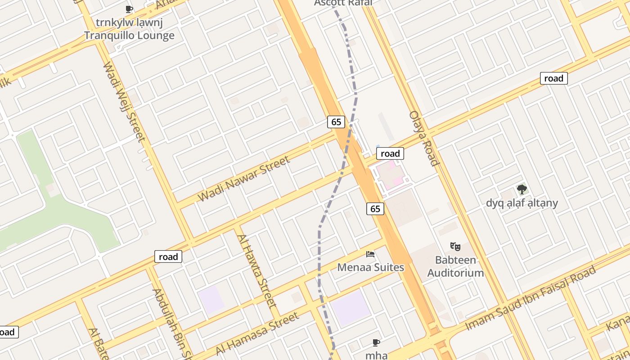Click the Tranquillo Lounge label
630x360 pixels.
point(129,35)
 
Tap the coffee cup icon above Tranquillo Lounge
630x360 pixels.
point(129,9)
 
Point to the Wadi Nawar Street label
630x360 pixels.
point(243,179)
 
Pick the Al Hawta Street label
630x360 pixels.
point(256,270)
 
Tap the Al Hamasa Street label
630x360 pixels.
point(257,333)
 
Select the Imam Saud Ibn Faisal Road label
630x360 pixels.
point(531,298)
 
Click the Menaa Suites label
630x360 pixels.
point(371,267)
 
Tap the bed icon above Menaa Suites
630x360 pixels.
point(370,255)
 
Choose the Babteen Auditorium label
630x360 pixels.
point(455,266)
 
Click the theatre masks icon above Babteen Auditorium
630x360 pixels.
point(455,247)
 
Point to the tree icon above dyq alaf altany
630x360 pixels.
point(522,189)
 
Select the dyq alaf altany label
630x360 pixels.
point(522,203)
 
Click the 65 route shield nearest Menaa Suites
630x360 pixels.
point(375,208)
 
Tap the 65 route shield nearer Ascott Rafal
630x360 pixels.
point(336,121)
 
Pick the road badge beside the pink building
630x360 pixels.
point(390,153)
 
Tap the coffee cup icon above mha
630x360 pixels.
point(376,343)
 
